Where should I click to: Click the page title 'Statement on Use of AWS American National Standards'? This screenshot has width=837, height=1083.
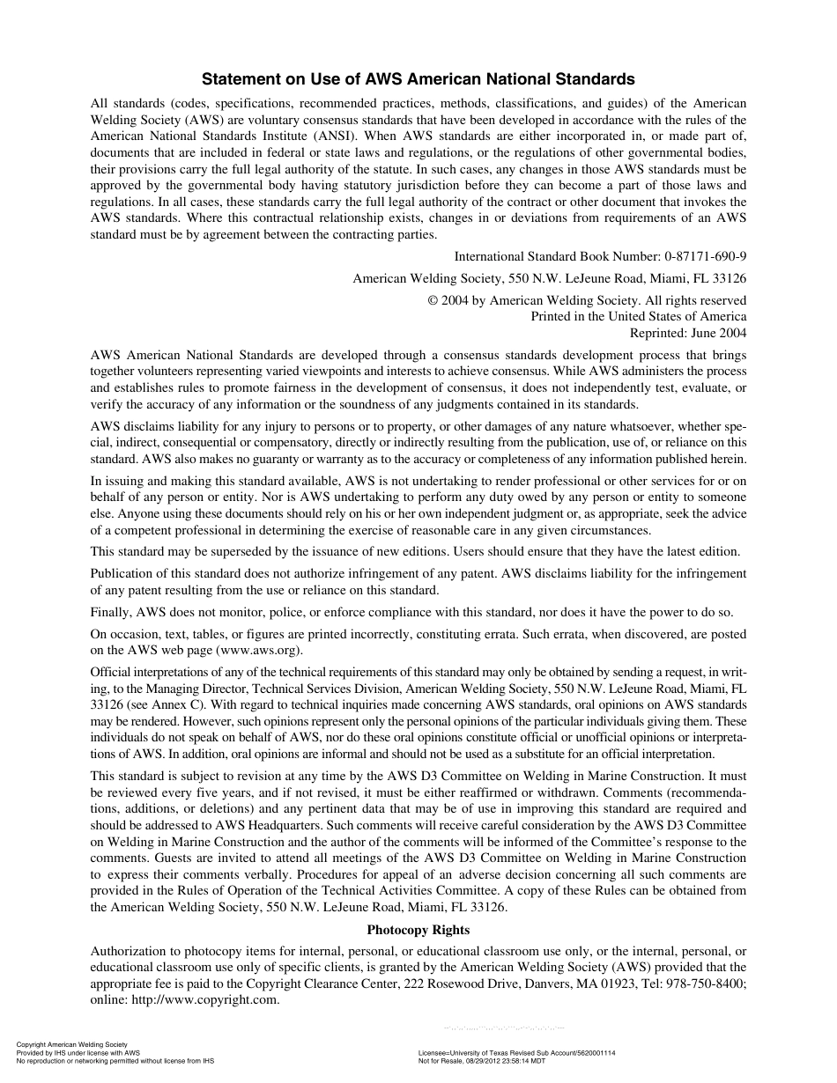coord(418,78)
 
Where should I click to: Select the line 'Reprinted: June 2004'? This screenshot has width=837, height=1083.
coord(687,333)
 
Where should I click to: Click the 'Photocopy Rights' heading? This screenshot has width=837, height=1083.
coord(418,930)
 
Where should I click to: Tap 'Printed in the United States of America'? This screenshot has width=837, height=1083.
coord(638,316)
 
